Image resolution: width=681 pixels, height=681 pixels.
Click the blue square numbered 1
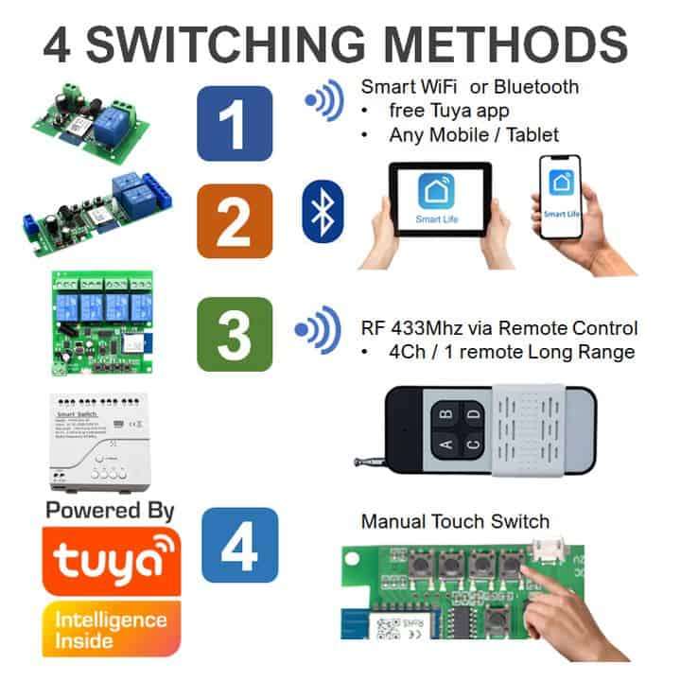point(234,123)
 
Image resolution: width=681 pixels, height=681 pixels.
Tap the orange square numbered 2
point(234,221)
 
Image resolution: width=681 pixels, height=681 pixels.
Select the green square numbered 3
point(234,333)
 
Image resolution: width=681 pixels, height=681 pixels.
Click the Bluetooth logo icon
point(323,211)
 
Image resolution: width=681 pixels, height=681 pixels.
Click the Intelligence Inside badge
point(112,628)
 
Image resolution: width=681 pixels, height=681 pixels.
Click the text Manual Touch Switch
point(455,520)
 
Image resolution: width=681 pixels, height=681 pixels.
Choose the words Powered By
point(110,511)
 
